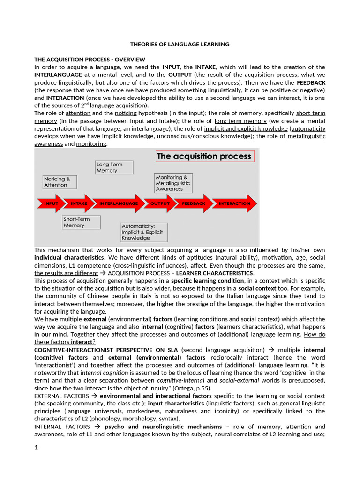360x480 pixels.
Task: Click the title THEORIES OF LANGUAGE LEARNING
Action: pyautogui.click(x=180, y=45)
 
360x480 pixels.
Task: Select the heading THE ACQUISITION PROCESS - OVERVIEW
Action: pyautogui.click(x=90, y=60)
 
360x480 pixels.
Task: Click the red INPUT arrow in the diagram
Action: pyautogui.click(x=51, y=203)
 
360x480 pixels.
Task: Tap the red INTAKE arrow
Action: pyautogui.click(x=79, y=203)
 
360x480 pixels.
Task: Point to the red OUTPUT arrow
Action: pyautogui.click(x=159, y=203)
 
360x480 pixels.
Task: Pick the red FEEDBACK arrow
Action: pyautogui.click(x=193, y=203)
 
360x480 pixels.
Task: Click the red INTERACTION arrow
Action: pyautogui.click(x=234, y=203)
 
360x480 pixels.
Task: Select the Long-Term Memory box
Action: pyautogui.click(x=114, y=168)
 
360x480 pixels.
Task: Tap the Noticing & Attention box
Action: pyautogui.click(x=60, y=182)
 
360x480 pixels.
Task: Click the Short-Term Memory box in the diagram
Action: pyautogui.click(x=81, y=222)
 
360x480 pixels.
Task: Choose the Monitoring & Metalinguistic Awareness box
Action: pyautogui.click(x=173, y=183)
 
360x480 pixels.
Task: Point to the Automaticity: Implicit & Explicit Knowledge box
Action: pyautogui.click(x=143, y=232)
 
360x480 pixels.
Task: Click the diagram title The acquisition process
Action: pyautogui.click(x=204, y=156)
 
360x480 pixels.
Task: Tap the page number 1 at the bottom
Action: pyautogui.click(x=37, y=447)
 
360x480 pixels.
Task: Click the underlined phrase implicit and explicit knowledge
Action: pyautogui.click(x=246, y=128)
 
